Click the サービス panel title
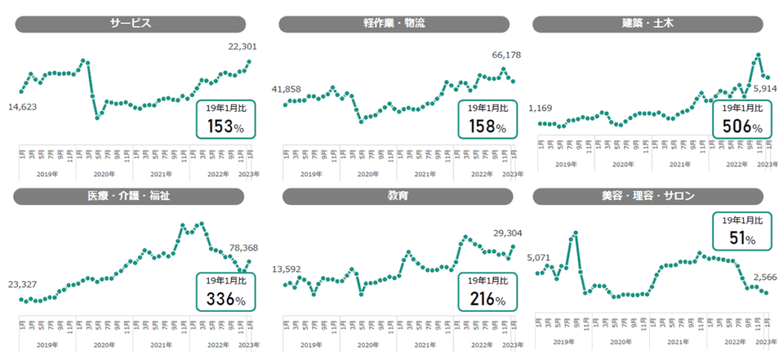pyautogui.click(x=130, y=24)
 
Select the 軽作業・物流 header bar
pyautogui.click(x=394, y=24)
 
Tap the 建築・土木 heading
pyautogui.click(x=648, y=24)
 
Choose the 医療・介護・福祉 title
pyautogui.click(x=128, y=196)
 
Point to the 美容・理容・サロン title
pyautogui.click(x=648, y=196)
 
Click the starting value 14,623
pyautogui.click(x=23, y=106)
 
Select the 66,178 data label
pyautogui.click(x=508, y=55)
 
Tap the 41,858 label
pyautogui.click(x=287, y=89)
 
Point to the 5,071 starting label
pyautogui.click(x=540, y=257)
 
